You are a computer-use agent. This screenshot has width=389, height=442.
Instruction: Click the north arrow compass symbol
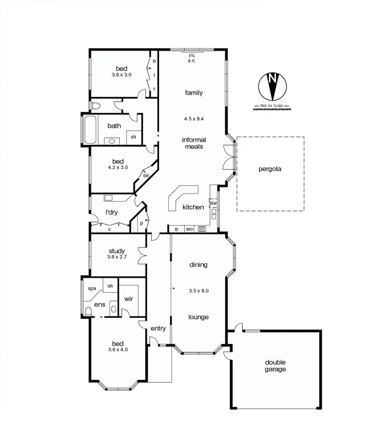point(272,86)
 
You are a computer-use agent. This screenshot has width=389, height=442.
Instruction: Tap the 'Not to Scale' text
point(272,106)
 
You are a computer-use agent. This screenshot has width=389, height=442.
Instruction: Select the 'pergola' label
point(270,169)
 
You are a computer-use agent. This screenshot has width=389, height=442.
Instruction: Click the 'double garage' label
point(275,365)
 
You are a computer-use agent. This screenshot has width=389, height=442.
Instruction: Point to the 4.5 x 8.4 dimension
point(194,119)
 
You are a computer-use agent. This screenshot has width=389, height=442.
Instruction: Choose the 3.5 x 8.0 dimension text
point(199,290)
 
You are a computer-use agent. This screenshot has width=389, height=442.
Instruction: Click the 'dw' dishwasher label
point(213,203)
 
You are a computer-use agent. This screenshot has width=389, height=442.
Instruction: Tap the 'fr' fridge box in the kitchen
point(177,229)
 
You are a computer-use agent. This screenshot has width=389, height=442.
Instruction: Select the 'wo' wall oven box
point(189,229)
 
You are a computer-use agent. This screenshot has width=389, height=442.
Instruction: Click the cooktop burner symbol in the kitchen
point(202,229)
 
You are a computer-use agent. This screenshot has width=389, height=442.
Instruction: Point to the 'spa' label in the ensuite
point(92,289)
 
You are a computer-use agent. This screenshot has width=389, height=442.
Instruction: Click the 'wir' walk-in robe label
point(129,299)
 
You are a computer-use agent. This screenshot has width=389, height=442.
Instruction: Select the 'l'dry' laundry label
point(111,212)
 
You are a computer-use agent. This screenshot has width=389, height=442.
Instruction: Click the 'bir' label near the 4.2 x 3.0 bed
point(146,176)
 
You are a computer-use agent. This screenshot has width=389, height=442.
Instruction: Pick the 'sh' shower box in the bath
point(133,137)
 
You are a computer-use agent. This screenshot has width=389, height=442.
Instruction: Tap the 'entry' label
point(158,328)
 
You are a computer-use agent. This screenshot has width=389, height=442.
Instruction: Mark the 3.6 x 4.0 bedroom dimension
point(118,350)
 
